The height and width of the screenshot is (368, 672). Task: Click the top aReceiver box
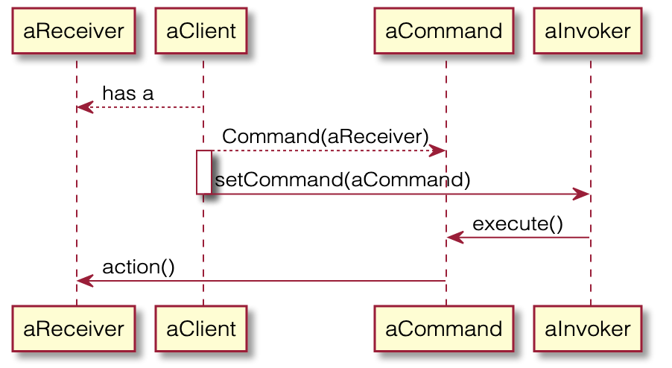pos(74,31)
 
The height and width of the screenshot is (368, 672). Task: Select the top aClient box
pos(201,31)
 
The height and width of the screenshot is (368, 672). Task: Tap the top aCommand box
pos(444,31)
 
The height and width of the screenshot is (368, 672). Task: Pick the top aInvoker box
pos(588,31)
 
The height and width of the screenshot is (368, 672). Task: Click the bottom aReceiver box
pos(74,328)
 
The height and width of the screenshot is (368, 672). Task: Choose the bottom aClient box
pos(201,328)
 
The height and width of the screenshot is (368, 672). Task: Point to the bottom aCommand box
pos(444,328)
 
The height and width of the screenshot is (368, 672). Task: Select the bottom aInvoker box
pos(588,328)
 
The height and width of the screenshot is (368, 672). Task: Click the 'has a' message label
pos(127,94)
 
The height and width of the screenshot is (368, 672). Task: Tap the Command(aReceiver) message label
pos(325,137)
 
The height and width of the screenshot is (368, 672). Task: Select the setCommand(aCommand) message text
pos(343,180)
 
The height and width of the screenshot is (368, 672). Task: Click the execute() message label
pos(517,223)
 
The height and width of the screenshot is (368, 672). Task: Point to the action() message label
pos(139,267)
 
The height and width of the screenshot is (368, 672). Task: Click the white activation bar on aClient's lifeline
pos(203,172)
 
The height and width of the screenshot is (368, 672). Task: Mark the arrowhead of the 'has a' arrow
pos(83,107)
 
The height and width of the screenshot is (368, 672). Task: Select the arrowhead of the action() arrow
pos(84,281)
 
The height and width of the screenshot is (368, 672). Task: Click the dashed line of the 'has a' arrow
pos(149,107)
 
